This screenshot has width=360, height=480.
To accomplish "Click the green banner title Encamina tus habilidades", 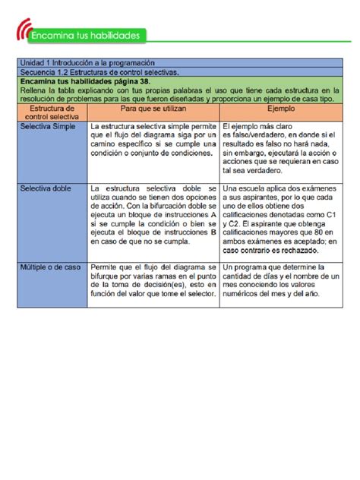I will click(x=90, y=36).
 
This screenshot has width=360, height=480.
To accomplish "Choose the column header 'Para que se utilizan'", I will click(x=153, y=109).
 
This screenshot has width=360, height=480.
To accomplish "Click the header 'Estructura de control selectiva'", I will click(x=52, y=113).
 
